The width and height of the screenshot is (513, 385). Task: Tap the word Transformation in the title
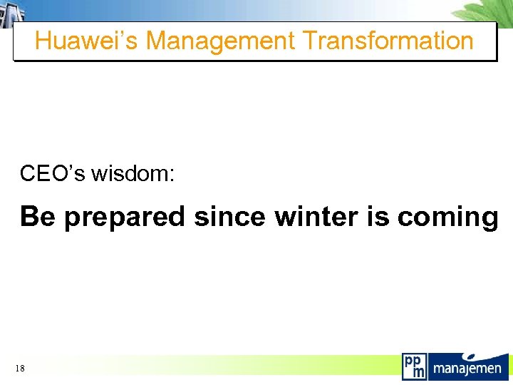[x=388, y=41]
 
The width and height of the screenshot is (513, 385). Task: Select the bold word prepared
[x=125, y=217]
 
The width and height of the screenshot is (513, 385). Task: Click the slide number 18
[x=19, y=368]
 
